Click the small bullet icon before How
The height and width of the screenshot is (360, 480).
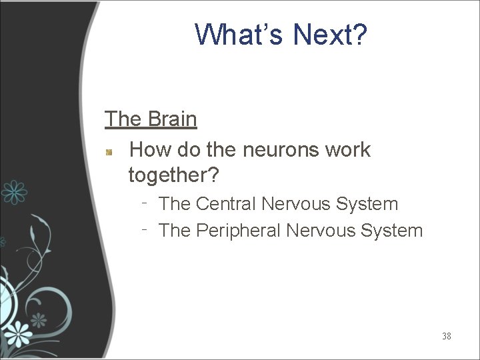pos(111,152)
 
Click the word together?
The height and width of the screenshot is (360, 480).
pos(173,175)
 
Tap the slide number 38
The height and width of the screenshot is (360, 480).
pos(446,336)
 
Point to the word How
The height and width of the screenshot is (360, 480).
pos(151,150)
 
